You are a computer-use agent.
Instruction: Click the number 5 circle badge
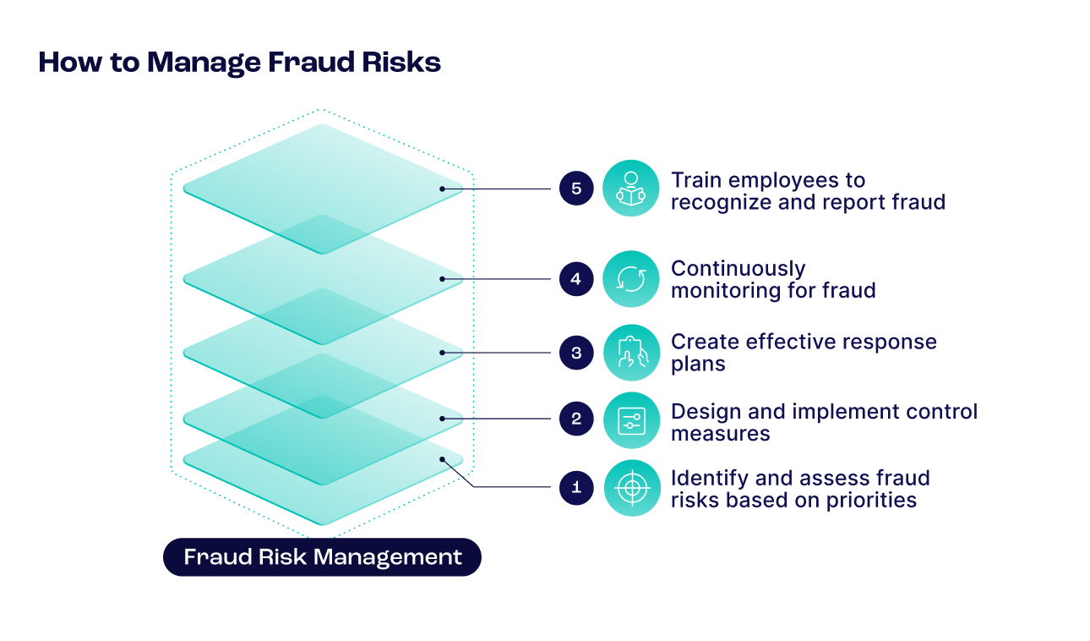coord(576,188)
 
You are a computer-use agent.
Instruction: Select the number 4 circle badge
coord(576,278)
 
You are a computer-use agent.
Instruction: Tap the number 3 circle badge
coord(576,353)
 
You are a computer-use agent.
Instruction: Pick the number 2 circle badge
coord(576,419)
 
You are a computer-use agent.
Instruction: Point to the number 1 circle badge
coord(576,487)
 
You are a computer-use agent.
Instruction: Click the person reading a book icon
coord(631,188)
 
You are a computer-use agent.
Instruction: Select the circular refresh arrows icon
coord(631,278)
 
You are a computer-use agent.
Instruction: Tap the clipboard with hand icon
coord(631,353)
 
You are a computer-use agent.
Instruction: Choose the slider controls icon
coord(631,419)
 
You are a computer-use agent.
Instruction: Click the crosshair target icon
coord(631,488)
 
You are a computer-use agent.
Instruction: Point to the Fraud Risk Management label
coord(323,557)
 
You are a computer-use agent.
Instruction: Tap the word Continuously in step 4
coord(738,269)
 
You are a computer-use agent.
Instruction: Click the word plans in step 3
coord(697,364)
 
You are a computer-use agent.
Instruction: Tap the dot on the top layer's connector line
coord(442,189)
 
